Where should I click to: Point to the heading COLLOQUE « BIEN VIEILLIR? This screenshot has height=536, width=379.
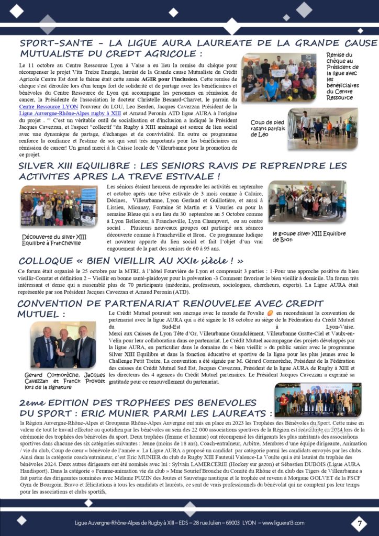131,260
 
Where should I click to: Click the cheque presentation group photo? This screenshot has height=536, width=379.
278,77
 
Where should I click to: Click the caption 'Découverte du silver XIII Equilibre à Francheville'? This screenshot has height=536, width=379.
54,240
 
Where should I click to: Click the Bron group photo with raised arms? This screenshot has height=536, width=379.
307,201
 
